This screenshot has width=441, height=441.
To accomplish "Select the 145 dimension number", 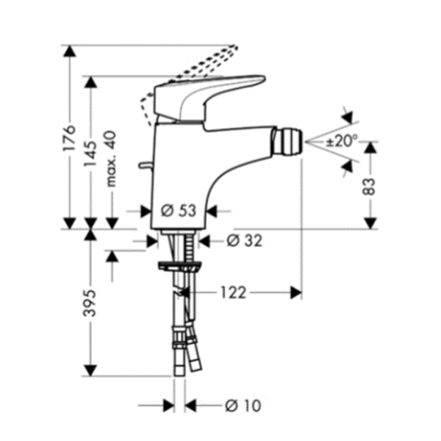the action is click(x=90, y=154).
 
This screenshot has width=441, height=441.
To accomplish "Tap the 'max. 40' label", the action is click(x=111, y=158).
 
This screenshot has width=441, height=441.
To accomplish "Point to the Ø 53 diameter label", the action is click(x=179, y=211).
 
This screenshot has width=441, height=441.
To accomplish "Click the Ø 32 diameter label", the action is click(x=245, y=241).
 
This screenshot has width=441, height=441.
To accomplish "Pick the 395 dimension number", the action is click(x=90, y=303).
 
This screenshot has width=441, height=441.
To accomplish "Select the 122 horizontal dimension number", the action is click(x=234, y=293).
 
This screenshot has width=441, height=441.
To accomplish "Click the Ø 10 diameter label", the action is click(x=243, y=405).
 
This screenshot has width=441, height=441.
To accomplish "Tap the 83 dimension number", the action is click(x=369, y=186).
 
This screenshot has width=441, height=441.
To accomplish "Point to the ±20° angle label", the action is click(x=341, y=140).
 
